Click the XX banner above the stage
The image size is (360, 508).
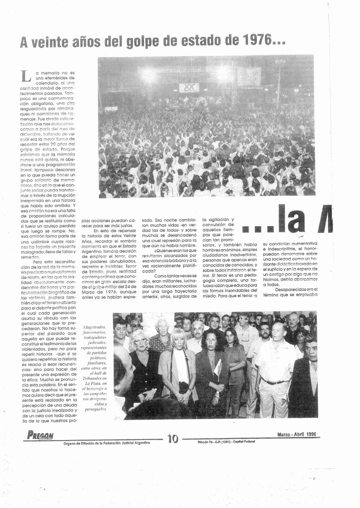pos(189,88)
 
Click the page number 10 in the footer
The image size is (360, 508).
pos(173,439)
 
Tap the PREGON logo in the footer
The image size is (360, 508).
pos(41,436)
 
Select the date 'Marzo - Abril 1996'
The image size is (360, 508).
pos(297,435)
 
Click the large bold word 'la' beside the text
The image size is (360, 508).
pos(296,221)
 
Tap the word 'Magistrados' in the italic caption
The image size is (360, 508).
pos(94,327)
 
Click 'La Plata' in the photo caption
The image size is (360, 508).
pos(93,383)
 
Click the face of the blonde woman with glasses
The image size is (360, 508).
pos(140,342)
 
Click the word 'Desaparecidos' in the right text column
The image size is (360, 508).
pos(291,289)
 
